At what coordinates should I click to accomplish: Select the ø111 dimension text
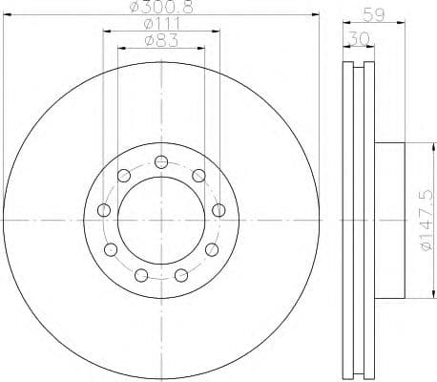pyautogui.click(x=160, y=25)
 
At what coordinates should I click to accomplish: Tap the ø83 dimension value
pyautogui.click(x=160, y=41)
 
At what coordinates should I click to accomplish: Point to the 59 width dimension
pyautogui.click(x=376, y=13)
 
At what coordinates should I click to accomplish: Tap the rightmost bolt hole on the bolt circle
pyautogui.click(x=218, y=210)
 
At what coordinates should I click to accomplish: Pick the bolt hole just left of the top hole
pyautogui.click(x=123, y=175)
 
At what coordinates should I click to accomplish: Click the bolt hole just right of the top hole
pyautogui.click(x=198, y=174)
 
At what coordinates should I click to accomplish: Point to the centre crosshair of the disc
pyautogui.click(x=161, y=220)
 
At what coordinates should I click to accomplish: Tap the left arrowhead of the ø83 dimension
pyautogui.click(x=119, y=48)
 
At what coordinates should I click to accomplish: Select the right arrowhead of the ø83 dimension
pyautogui.click(x=203, y=48)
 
